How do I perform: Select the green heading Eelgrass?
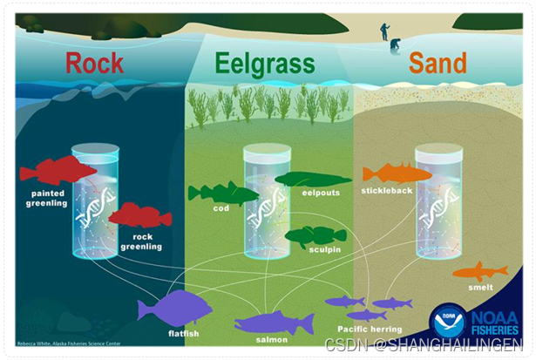[x=267, y=62]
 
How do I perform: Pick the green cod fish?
[x=222, y=192]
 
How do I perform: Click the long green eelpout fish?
[x=311, y=180]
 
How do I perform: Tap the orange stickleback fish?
[x=397, y=173]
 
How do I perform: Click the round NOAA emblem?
[x=447, y=321]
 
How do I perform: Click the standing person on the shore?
[x=384, y=32]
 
